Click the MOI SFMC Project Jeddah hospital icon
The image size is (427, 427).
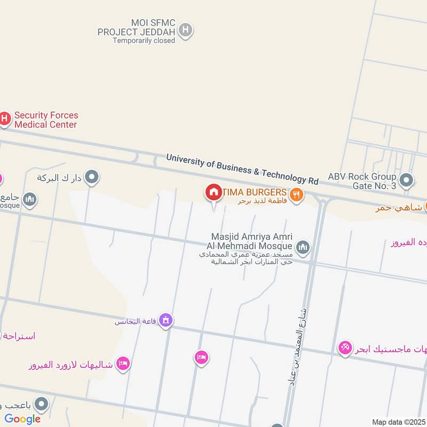pos(185,30)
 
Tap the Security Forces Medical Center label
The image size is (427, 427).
pos(46,120)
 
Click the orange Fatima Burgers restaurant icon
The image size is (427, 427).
pos(297,195)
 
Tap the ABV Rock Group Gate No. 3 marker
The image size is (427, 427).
pos(406,180)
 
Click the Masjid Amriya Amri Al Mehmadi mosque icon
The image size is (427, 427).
pos(303,247)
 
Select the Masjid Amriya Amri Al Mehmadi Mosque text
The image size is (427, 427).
pos(252,241)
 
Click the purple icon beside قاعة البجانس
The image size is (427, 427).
pos(166,320)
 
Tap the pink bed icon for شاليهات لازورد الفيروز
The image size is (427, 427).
pos(123,363)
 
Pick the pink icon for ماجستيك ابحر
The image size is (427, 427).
pos(345,349)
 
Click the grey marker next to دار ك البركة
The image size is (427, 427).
pos(92,177)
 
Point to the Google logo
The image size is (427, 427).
pos(22,419)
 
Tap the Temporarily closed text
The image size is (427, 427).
pos(144,41)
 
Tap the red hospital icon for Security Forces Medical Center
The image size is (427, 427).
pos(4,118)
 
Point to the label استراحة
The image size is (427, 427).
pos(19,336)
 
